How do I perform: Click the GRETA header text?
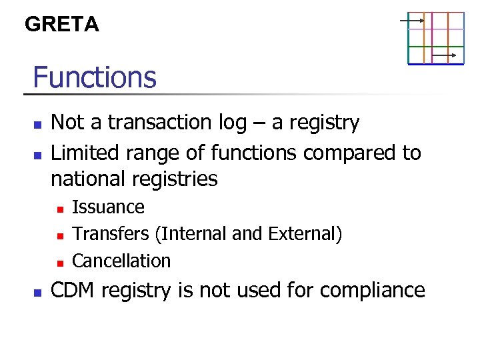pyautogui.click(x=61, y=25)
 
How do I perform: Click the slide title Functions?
pyautogui.click(x=94, y=77)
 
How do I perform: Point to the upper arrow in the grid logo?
pyautogui.click(x=412, y=21)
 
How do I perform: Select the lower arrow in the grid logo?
pyautogui.click(x=444, y=55)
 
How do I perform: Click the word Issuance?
pyautogui.click(x=108, y=207)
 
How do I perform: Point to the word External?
pyautogui.click(x=303, y=234)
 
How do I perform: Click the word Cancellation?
pyautogui.click(x=121, y=261)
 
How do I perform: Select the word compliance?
pyautogui.click(x=372, y=291)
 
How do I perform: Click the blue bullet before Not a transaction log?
pyautogui.click(x=38, y=125)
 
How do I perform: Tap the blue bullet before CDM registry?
pyautogui.click(x=38, y=292)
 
